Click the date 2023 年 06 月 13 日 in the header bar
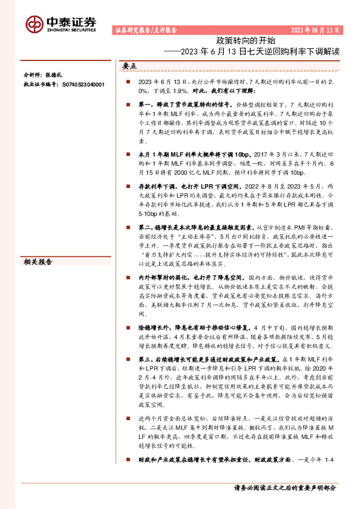315,30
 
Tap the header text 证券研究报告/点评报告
145,30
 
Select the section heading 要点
129,65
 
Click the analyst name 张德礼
53,76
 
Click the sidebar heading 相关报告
38,245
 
